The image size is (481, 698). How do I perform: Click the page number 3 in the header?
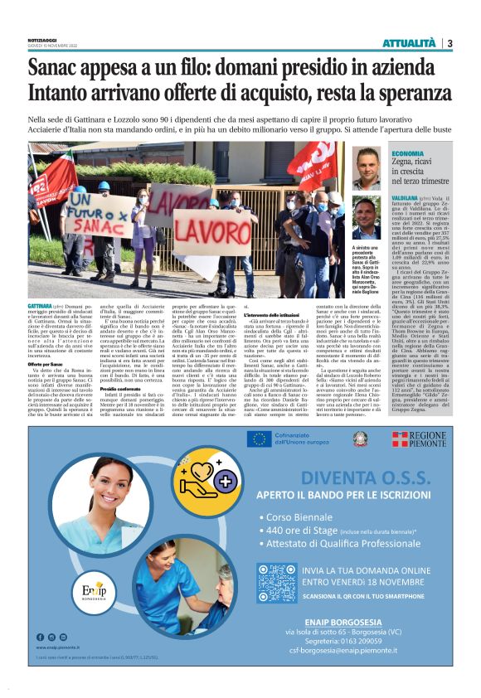tap(449, 43)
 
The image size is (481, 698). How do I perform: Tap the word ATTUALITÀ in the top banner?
tap(408, 43)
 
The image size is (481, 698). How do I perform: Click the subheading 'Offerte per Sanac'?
tap(46, 364)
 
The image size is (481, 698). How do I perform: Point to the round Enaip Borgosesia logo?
tap(70, 592)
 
